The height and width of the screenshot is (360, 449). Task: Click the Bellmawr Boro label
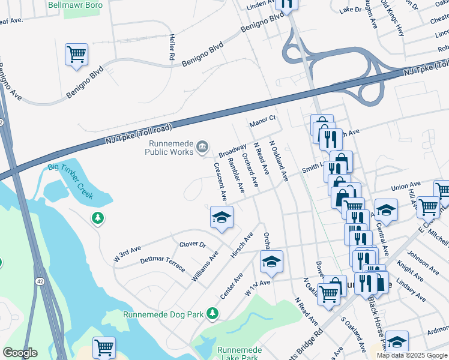[x=76, y=5]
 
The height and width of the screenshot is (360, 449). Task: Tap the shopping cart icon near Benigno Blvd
[x=77, y=54]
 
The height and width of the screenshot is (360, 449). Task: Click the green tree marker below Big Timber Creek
[x=97, y=218]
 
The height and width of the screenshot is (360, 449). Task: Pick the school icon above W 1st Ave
[x=271, y=261]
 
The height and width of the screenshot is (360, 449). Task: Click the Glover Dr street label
[x=192, y=244]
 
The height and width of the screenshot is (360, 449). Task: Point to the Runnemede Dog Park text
[x=163, y=314]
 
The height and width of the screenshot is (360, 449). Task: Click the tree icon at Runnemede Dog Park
[x=211, y=313]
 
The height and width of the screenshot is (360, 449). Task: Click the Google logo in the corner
[x=20, y=353]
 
